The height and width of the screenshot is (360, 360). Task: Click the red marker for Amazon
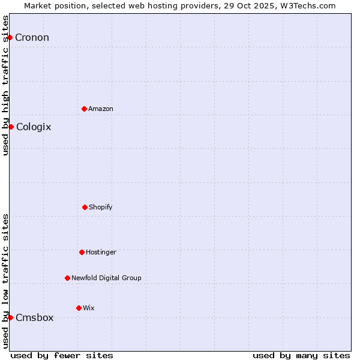[84, 109]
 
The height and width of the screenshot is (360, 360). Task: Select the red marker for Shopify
[85, 207]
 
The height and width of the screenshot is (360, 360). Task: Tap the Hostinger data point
[82, 252]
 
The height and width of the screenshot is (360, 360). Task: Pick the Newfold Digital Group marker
[67, 278]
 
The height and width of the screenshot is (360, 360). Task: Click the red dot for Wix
[79, 308]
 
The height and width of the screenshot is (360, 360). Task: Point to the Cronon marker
[10, 37]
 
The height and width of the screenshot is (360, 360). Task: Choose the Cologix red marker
[11, 127]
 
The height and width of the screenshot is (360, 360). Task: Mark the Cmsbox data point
[10, 317]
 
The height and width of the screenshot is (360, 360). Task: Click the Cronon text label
[32, 38]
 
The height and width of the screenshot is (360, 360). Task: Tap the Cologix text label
[34, 127]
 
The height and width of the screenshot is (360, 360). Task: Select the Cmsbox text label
[35, 318]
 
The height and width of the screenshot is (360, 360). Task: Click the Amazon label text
[101, 109]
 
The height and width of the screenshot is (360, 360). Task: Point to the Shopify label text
[101, 207]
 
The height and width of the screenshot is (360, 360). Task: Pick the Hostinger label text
[101, 252]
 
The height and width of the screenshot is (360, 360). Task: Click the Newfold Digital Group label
[106, 278]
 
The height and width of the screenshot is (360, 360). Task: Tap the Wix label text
[89, 308]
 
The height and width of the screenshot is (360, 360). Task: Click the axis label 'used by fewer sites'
[62, 355]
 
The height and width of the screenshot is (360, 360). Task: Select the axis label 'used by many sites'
[301, 355]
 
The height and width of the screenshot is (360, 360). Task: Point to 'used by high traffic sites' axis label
[5, 85]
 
